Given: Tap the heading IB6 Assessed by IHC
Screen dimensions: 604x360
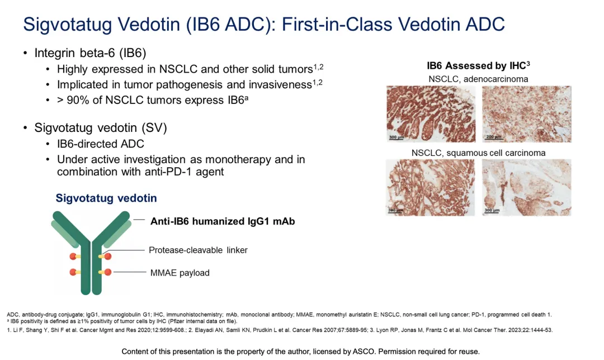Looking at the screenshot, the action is click(478, 66).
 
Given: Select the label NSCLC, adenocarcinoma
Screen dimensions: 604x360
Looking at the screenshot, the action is click(478, 79).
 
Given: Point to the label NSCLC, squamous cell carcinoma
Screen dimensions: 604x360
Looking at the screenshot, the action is click(478, 153).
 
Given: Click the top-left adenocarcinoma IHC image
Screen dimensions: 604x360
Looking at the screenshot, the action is click(431, 114).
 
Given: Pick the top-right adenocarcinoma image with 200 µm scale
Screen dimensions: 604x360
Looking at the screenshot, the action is click(527, 114).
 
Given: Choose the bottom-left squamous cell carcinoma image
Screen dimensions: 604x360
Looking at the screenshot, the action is click(431, 187).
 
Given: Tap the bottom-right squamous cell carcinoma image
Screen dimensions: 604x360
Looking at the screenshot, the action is click(527, 187).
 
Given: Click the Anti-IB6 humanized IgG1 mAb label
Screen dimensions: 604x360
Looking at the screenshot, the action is click(223, 221).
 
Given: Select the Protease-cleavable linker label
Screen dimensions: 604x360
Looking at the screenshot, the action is click(198, 250).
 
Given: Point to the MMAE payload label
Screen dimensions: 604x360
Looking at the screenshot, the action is click(180, 273).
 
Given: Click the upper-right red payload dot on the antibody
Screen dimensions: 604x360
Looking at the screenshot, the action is click(107, 257).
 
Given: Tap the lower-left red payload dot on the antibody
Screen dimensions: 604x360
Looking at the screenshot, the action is click(73, 272).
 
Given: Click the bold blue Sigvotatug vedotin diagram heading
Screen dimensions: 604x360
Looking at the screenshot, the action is click(106, 198).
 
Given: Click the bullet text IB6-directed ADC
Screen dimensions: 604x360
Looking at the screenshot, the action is click(101, 144).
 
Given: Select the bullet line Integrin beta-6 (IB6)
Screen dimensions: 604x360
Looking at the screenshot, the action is click(90, 53).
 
